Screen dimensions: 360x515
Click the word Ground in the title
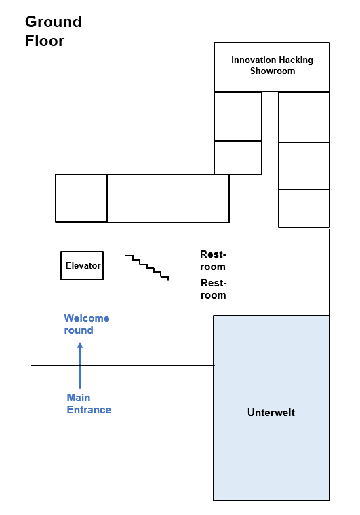point(54,22)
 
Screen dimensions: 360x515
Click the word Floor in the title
point(45,41)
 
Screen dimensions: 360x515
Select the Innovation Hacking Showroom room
point(272,67)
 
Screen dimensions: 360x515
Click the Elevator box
point(82,266)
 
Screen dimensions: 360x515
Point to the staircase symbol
point(147,268)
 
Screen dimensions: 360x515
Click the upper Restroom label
point(213,261)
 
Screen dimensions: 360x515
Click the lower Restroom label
point(214,289)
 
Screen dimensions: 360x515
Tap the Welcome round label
point(87,324)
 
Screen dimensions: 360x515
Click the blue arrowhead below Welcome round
point(80,345)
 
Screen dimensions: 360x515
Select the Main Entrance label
point(89,404)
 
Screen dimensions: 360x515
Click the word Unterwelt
point(271,413)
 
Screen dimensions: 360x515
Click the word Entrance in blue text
point(89,410)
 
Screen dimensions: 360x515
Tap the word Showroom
point(273,71)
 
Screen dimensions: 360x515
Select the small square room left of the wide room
point(81,198)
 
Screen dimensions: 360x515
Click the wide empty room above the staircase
point(168,198)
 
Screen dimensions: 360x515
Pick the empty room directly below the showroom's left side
point(238,117)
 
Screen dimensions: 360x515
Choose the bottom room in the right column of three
point(304,208)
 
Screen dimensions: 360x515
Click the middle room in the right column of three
point(304,166)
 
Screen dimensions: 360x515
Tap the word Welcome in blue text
point(87,318)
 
